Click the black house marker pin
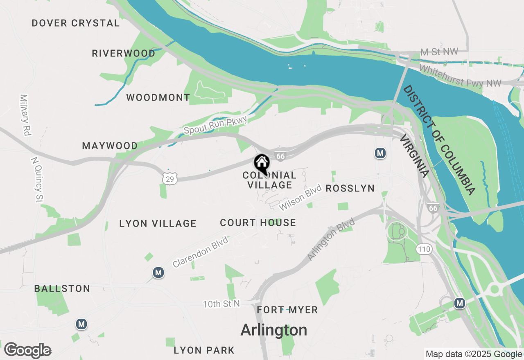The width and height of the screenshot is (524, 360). click(x=262, y=163)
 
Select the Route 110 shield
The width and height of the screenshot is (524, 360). click(x=424, y=249)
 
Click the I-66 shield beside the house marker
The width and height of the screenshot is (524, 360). click(x=280, y=156)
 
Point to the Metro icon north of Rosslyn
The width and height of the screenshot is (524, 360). click(x=380, y=153)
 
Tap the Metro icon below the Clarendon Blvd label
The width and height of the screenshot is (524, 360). click(x=158, y=272)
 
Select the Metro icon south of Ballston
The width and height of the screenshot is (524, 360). click(x=81, y=324)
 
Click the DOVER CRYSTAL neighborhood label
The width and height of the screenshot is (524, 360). click(x=76, y=23)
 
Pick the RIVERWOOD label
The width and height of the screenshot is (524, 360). click(x=124, y=53)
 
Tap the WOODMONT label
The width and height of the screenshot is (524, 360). click(x=158, y=97)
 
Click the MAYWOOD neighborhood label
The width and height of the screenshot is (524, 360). click(x=110, y=146)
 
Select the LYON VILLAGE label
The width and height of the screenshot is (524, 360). click(x=158, y=223)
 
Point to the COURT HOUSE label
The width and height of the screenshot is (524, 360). click(x=258, y=223)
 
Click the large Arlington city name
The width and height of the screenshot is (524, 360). click(x=274, y=330)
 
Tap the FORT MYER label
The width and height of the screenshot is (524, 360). click(x=287, y=310)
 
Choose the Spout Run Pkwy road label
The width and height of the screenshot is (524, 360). click(x=216, y=125)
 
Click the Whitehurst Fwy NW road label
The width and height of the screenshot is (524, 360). click(x=460, y=76)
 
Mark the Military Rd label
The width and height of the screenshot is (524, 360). click(x=25, y=115)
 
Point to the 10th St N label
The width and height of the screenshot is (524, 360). click(x=221, y=304)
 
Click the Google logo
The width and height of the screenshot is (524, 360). click(x=28, y=350)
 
